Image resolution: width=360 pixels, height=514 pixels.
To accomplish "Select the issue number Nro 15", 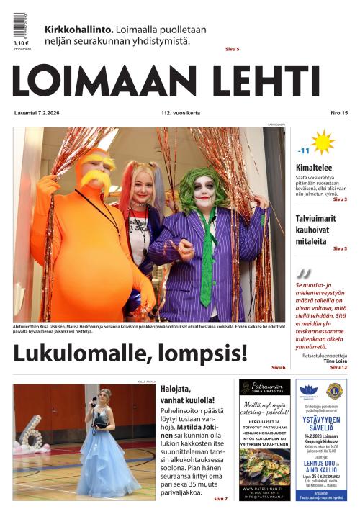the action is point(338,114).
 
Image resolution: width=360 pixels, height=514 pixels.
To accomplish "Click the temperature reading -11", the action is point(304,151).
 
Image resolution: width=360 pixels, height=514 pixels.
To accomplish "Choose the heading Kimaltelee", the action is point(314,168).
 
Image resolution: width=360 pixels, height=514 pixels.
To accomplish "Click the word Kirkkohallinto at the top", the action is point(78,30).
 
